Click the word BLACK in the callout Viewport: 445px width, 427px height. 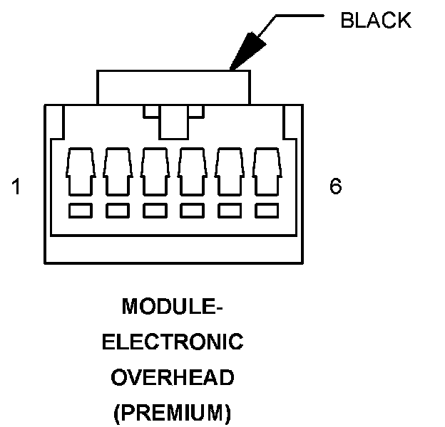[376, 21]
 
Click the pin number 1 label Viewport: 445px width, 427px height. [16, 187]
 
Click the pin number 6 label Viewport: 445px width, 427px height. [336, 187]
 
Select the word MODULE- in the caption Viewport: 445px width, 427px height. [173, 307]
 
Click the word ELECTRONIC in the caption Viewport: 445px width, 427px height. [173, 342]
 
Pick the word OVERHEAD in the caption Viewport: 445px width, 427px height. [173, 377]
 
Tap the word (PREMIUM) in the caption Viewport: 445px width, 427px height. [173, 411]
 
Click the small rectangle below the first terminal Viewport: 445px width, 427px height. [80, 211]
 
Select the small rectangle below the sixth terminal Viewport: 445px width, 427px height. [265, 211]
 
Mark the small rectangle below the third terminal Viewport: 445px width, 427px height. [154, 211]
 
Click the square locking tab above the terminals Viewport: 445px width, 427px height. [173, 122]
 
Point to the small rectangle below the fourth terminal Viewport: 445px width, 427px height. [191, 211]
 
